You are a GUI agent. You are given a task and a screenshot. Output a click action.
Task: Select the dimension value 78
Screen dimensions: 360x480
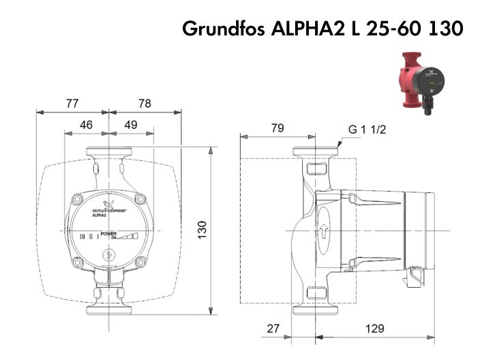pos(145,104)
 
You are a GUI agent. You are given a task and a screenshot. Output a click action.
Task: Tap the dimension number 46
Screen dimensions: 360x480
pos(87,125)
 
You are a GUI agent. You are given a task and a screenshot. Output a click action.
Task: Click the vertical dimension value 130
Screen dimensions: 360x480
pos(201,229)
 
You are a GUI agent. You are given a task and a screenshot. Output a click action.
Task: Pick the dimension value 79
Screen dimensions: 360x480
pos(277,127)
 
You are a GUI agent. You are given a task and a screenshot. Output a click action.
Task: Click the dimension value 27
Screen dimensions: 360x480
pos(273,328)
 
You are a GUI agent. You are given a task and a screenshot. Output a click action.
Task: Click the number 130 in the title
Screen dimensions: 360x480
pos(445,29)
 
